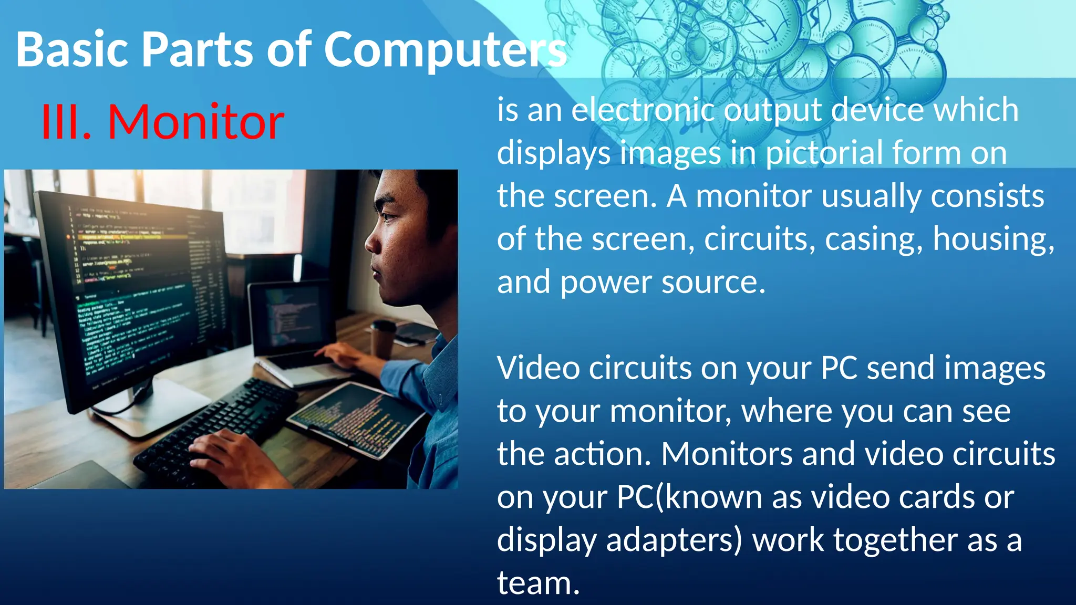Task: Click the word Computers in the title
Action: [x=445, y=50]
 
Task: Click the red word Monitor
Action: [x=196, y=122]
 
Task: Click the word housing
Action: [x=992, y=239]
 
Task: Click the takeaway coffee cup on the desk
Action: [x=382, y=339]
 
